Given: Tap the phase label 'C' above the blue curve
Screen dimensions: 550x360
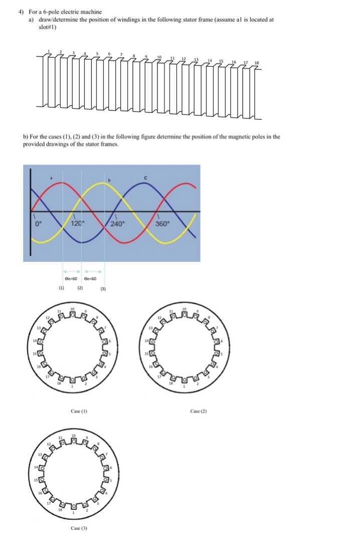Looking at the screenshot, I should [x=145, y=177].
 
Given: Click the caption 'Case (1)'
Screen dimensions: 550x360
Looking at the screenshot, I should [x=79, y=410].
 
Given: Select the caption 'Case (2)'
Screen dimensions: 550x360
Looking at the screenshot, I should [x=199, y=410].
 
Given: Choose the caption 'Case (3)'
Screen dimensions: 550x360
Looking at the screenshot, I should [x=79, y=528].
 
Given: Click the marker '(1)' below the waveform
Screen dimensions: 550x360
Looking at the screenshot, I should [x=61, y=289].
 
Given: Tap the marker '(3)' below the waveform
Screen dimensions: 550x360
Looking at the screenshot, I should [x=104, y=289].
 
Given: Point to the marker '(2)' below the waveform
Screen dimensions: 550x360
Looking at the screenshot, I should [x=80, y=289].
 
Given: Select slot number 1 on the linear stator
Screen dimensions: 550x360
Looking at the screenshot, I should [x=49, y=51].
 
